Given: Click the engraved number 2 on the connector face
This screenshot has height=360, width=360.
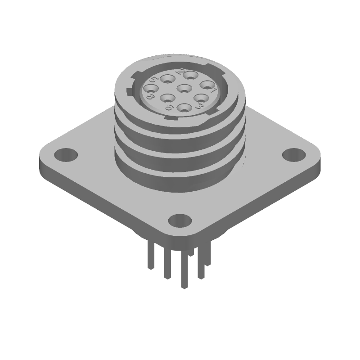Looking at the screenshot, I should coord(181,72).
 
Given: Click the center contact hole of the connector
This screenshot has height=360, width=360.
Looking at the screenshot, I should coord(183,88).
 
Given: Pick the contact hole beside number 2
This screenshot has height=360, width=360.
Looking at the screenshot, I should coord(190,76).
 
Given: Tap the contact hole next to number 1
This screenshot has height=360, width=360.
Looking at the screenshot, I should coord(207,84).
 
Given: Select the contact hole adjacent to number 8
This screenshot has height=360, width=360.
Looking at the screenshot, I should coord(150,89).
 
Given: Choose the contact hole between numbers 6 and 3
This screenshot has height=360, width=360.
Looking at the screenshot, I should coord(184,108).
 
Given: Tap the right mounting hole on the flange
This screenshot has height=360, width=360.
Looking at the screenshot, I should coord(293,154).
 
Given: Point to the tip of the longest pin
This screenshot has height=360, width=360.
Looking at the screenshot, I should coord(184,286).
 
